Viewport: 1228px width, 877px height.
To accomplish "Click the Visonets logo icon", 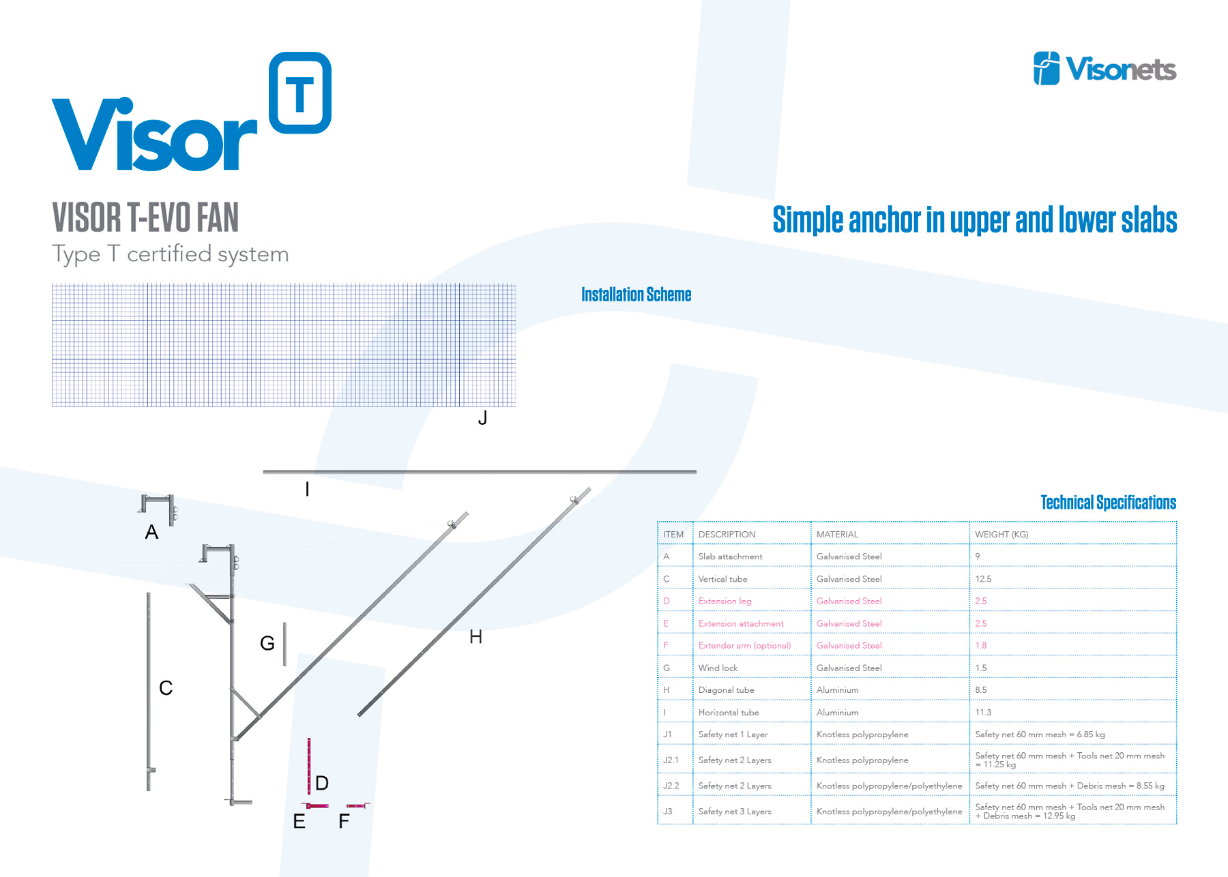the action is point(1047,68).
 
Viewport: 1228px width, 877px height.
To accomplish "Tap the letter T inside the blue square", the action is point(299,94).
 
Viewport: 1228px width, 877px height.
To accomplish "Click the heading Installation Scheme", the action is point(636,295).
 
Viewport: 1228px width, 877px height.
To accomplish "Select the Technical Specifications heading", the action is point(1108,503).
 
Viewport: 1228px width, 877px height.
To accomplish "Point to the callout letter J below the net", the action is point(482,418).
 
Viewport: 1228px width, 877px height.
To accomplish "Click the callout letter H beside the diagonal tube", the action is point(476,637).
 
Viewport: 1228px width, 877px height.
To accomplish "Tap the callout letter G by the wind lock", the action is point(267,643).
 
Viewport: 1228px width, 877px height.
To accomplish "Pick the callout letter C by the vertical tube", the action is point(166,687).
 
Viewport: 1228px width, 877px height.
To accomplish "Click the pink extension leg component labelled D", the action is point(309,766).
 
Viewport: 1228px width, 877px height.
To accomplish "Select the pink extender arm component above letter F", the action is point(357,806).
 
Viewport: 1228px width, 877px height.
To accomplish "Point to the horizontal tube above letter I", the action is point(480,471).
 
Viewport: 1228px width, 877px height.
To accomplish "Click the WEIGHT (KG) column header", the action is point(1002,535).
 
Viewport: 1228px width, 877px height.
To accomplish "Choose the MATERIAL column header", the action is point(837,535).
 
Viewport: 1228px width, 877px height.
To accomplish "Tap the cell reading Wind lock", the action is point(718,668).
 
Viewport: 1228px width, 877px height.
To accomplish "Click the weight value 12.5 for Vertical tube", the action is point(983,579).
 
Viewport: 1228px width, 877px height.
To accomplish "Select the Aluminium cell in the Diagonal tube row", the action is point(837,690).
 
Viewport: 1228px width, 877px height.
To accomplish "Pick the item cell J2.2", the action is point(671,786).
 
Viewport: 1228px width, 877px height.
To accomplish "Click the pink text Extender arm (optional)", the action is point(744,645).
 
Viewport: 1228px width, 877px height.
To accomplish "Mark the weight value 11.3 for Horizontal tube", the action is point(983,713).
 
